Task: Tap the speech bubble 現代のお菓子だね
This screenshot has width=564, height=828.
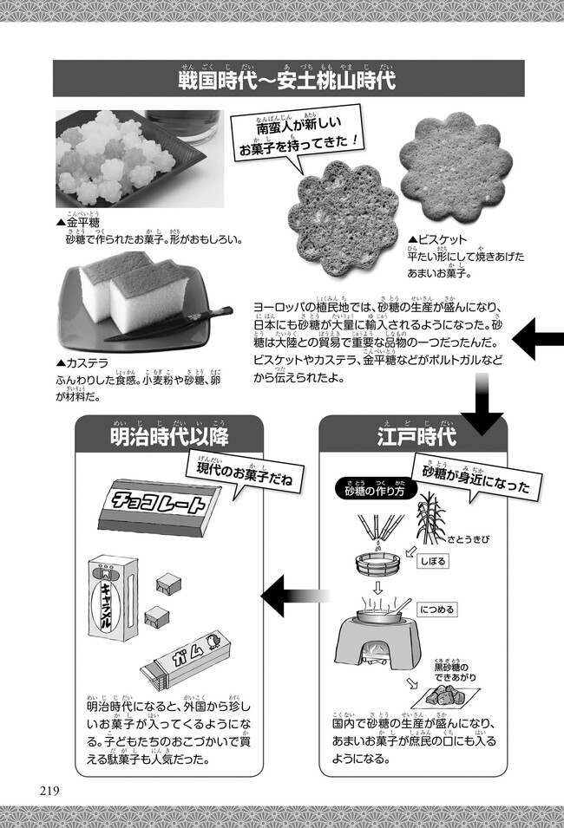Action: (x=243, y=473)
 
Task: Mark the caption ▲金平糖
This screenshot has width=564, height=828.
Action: (x=79, y=222)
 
